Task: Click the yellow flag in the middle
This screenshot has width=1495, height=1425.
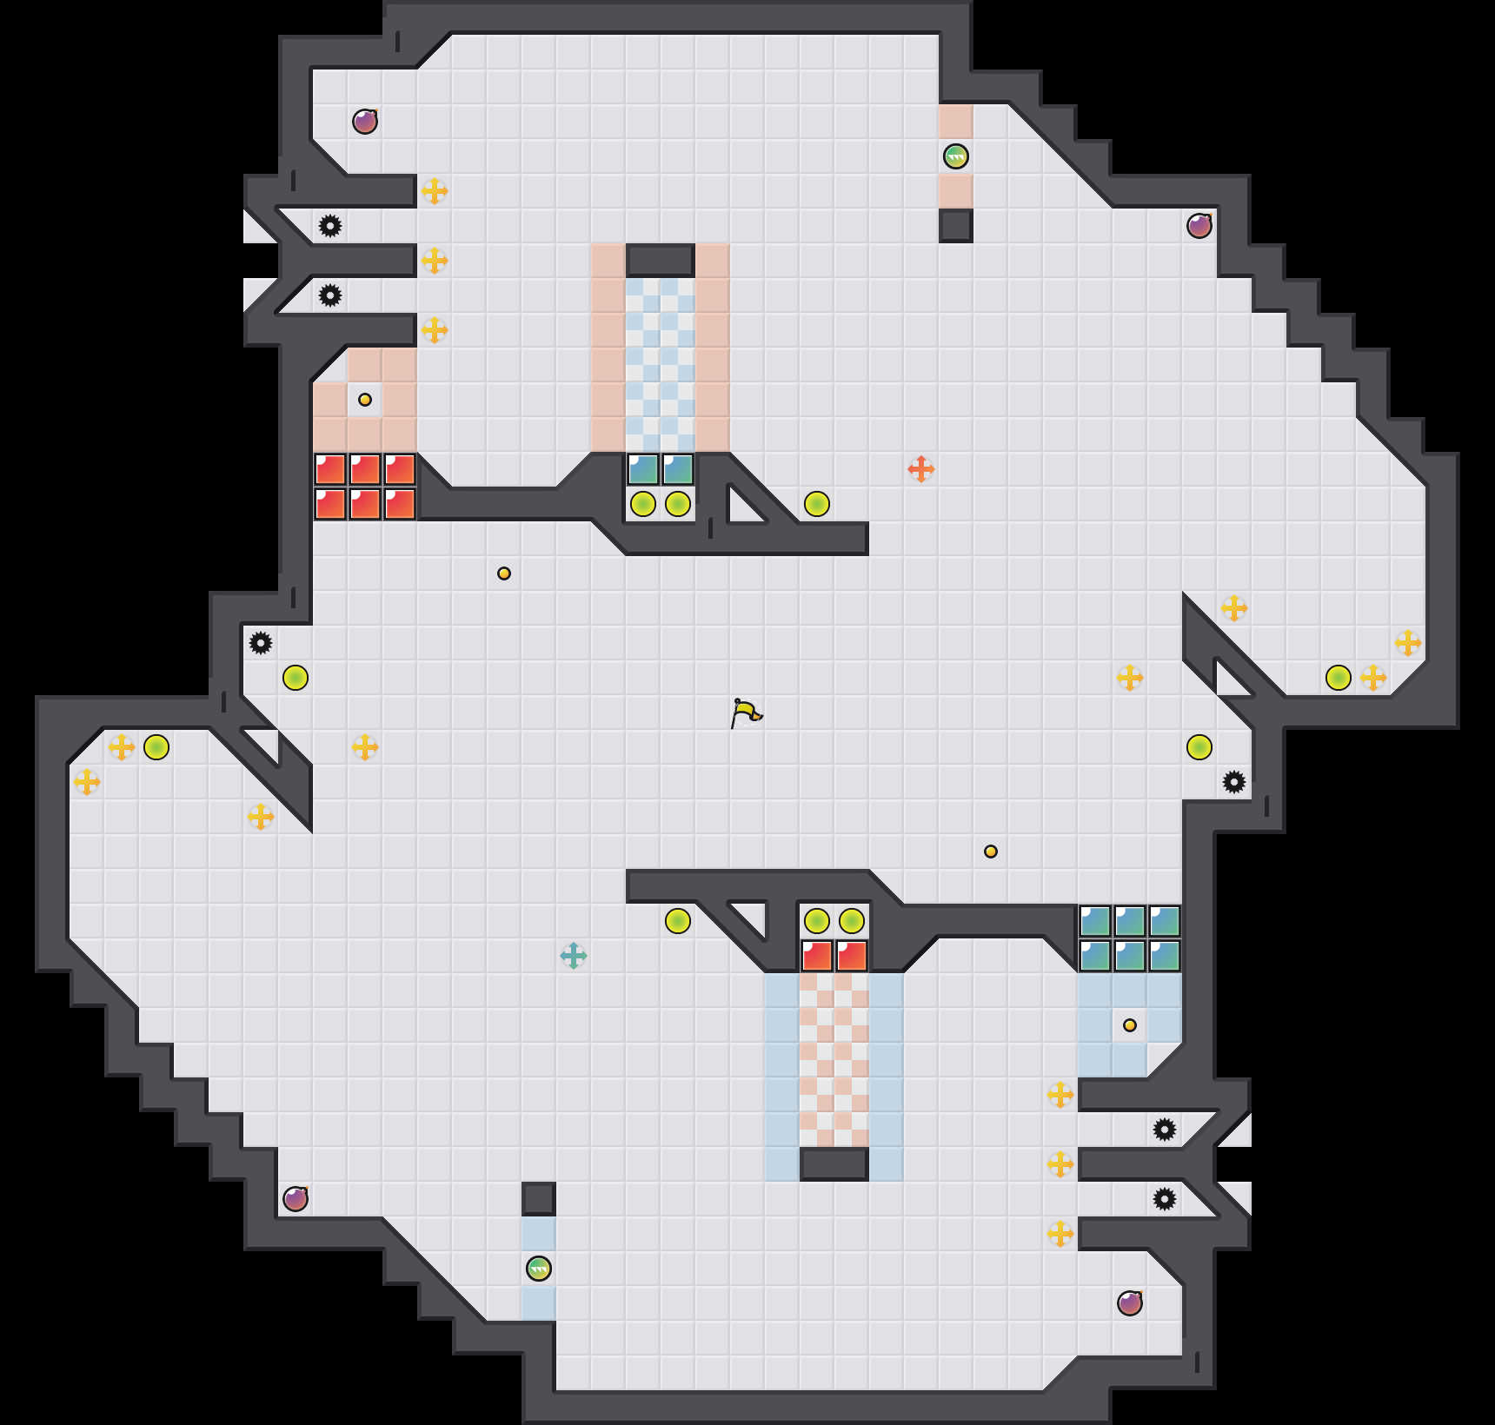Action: pyautogui.click(x=746, y=713)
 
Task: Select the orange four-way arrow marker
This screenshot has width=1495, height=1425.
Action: pyautogui.click(x=921, y=469)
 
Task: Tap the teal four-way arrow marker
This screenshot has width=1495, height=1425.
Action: pyautogui.click(x=574, y=956)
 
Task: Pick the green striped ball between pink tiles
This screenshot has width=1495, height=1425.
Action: pyautogui.click(x=956, y=156)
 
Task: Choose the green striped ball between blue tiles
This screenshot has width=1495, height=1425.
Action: pyautogui.click(x=539, y=1269)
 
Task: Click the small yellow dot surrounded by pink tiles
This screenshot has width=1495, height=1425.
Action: pyautogui.click(x=365, y=400)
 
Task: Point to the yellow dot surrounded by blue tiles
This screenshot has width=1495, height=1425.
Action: pyautogui.click(x=1130, y=1025)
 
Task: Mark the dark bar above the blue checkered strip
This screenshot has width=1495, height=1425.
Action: pyautogui.click(x=661, y=260)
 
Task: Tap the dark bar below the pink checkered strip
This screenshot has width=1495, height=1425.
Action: pyautogui.click(x=834, y=1164)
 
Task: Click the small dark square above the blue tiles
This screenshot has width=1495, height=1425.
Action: pyautogui.click(x=539, y=1199)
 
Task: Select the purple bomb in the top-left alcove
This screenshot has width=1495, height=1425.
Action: pyautogui.click(x=365, y=122)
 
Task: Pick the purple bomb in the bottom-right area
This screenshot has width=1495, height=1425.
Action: pyautogui.click(x=1130, y=1303)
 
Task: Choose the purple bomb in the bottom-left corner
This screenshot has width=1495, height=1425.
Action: pyautogui.click(x=296, y=1199)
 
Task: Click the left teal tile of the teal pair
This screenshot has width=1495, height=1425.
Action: pyautogui.click(x=643, y=469)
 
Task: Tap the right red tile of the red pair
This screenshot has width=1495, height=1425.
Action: pyautogui.click(x=852, y=956)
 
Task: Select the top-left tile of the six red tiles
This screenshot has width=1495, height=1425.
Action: pyautogui.click(x=330, y=469)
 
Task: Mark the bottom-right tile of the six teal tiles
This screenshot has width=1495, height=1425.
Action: pyautogui.click(x=1165, y=956)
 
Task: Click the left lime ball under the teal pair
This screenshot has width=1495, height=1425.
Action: pyautogui.click(x=643, y=504)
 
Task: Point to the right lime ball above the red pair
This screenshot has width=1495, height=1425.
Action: pyautogui.click(x=852, y=921)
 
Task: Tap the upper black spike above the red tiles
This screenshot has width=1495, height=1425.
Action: pyautogui.click(x=330, y=226)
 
